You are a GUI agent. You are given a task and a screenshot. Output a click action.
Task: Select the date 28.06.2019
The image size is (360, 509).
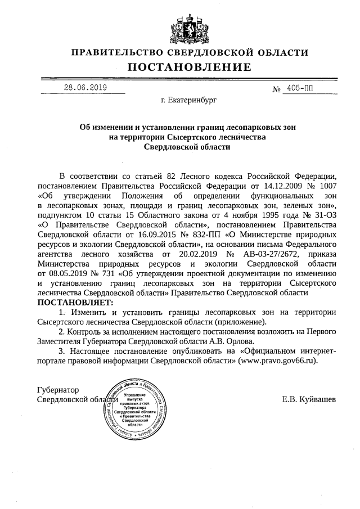(84, 88)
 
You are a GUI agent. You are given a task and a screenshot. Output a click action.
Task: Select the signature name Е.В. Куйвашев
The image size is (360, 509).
(309, 399)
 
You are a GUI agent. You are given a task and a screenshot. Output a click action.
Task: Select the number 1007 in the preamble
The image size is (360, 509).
(326, 185)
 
